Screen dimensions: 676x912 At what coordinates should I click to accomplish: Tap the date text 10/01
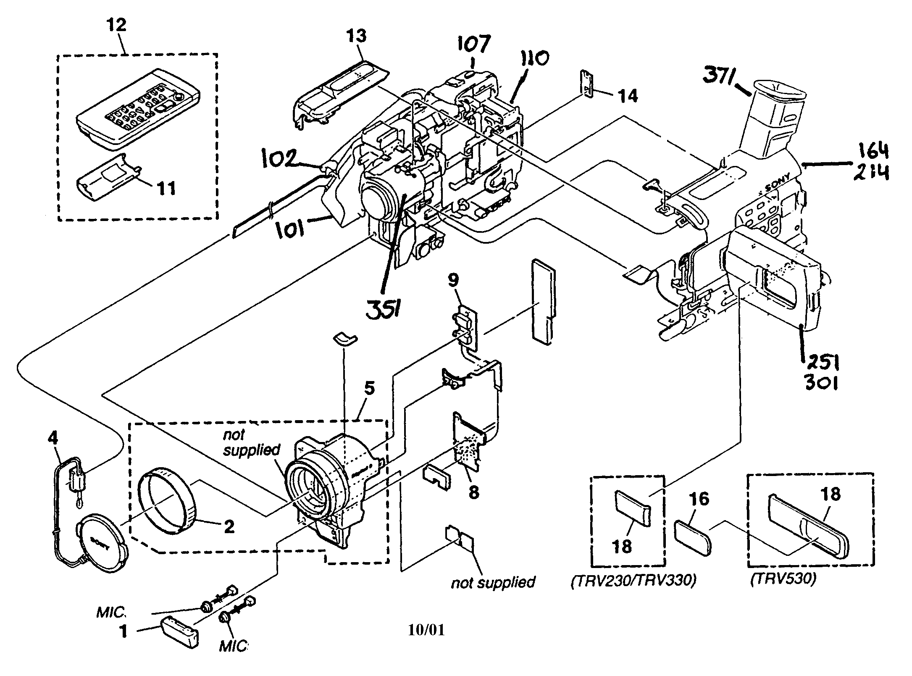[426, 629]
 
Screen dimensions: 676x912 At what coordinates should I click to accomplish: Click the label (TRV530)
[783, 579]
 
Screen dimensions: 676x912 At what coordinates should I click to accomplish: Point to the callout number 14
[626, 96]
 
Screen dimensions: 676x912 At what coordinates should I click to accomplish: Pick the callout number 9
[454, 280]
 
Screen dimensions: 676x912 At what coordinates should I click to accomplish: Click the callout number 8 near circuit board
[473, 492]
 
